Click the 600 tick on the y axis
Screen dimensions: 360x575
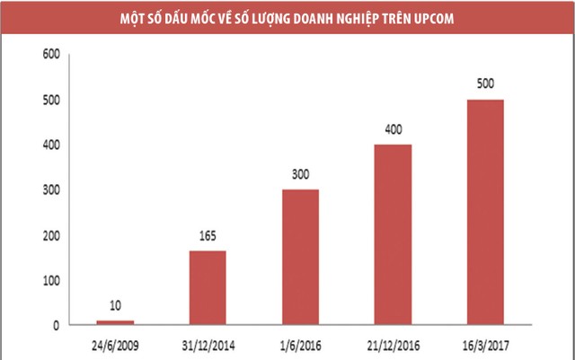click(x=50, y=55)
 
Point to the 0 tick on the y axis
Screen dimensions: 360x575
click(x=56, y=325)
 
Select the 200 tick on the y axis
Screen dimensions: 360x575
click(x=50, y=235)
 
